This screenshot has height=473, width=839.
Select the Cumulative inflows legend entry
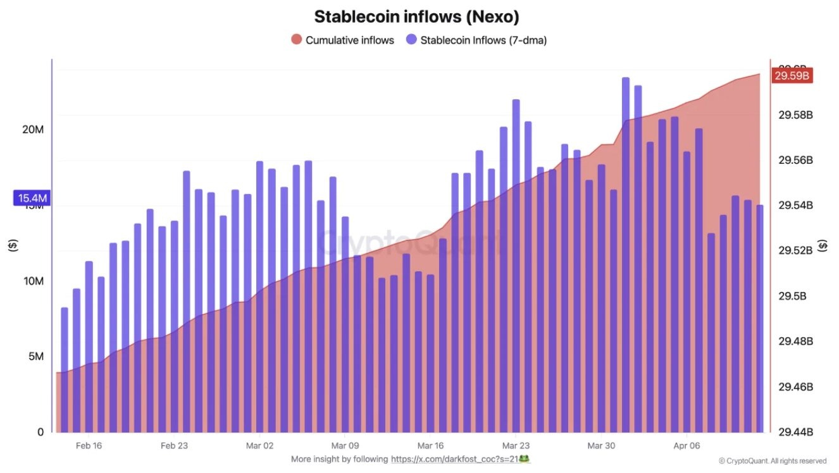coord(342,40)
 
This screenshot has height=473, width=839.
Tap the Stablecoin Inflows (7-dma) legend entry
coord(476,40)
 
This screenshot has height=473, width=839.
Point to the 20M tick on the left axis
coord(33,130)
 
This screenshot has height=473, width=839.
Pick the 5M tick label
coord(35,357)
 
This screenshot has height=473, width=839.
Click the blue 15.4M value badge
coord(32,199)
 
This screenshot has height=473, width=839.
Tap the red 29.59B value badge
coord(792,76)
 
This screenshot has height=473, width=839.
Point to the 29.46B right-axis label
coord(795,387)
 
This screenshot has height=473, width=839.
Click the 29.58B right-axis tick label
coord(795,115)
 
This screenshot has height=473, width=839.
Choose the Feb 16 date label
coord(89,446)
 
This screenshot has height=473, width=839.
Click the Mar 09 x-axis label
coord(345,446)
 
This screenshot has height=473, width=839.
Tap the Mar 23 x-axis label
coord(516,446)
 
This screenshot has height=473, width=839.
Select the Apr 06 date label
coord(687,446)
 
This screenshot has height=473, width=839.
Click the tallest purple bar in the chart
coord(626,253)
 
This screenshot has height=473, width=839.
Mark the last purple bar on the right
coord(759,316)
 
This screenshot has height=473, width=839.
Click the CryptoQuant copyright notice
coord(773,461)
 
